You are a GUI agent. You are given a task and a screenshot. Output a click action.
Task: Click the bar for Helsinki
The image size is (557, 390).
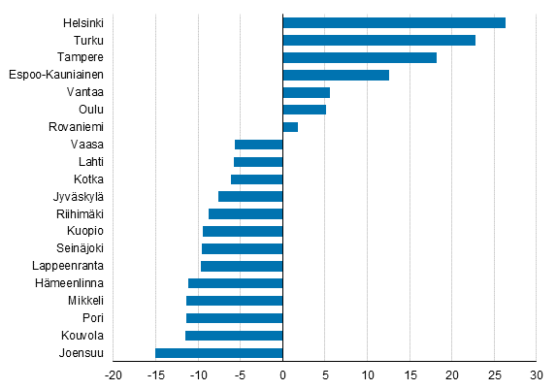coord(393,22)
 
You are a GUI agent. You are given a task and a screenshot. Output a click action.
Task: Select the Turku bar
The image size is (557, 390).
coord(378,40)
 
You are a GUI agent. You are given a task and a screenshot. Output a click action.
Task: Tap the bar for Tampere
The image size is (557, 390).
coord(359,57)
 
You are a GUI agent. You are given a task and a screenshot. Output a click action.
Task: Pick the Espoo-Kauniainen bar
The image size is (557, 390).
coord(335,75)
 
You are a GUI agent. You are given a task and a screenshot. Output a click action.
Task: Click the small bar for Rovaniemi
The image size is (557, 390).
coord(290,127)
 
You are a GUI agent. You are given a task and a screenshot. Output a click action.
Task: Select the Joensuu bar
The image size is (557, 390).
coord(218,353)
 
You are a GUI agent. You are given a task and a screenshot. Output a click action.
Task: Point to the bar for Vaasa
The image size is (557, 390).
coord(258,145)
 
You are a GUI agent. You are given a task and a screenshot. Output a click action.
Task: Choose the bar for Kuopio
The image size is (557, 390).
coord(243,231)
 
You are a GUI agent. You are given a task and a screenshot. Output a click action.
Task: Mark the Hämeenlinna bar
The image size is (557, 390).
coord(235,283)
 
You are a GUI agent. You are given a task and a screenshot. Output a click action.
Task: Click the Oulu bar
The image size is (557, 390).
coord(304,110)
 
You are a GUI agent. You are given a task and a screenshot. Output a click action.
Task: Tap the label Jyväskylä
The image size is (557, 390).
coord(79,196)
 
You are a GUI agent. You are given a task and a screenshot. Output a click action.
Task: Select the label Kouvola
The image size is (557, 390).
coord(82,336)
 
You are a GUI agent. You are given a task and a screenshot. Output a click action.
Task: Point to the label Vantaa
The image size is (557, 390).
coord(85,92)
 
